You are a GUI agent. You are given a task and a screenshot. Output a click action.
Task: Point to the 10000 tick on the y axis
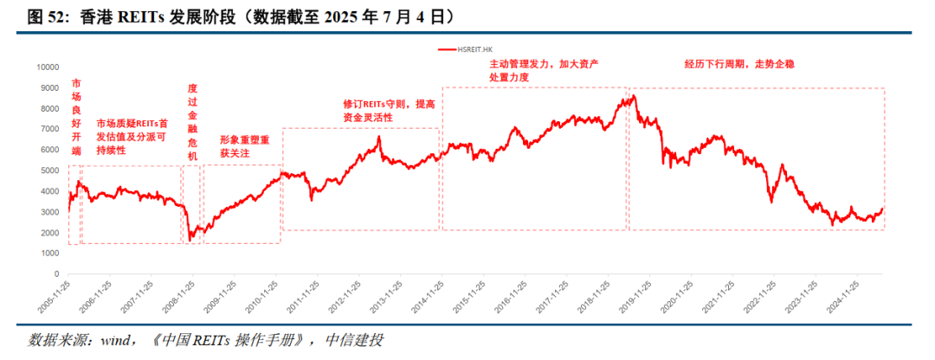46,67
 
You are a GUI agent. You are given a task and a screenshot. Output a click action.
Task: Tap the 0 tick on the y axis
55,274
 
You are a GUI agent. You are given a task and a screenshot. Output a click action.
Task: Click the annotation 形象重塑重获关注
244,145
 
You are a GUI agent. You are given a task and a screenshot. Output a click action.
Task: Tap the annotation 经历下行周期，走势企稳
739,64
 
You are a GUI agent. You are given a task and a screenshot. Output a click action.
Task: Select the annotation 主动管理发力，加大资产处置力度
545,71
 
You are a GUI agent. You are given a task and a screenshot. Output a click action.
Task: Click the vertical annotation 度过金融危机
192,123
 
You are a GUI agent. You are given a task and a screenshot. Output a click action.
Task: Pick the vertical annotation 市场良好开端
76,117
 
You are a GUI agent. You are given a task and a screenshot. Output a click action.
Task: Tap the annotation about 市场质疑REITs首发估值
132,137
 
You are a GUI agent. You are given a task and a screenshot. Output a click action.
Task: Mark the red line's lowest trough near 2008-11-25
191,237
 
